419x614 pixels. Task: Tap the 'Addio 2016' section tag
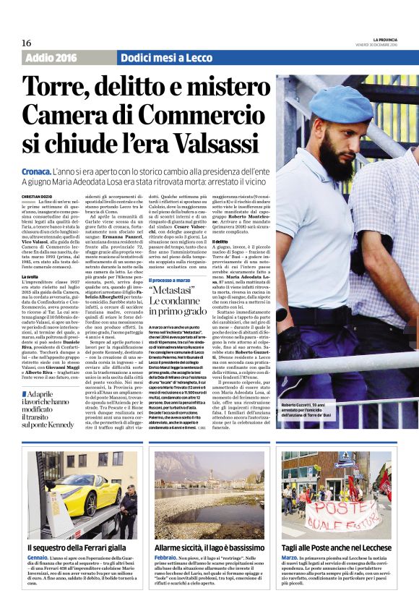pos(50,58)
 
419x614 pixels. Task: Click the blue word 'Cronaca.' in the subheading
pos(35,169)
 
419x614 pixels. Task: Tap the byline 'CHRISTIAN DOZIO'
pos(38,196)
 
